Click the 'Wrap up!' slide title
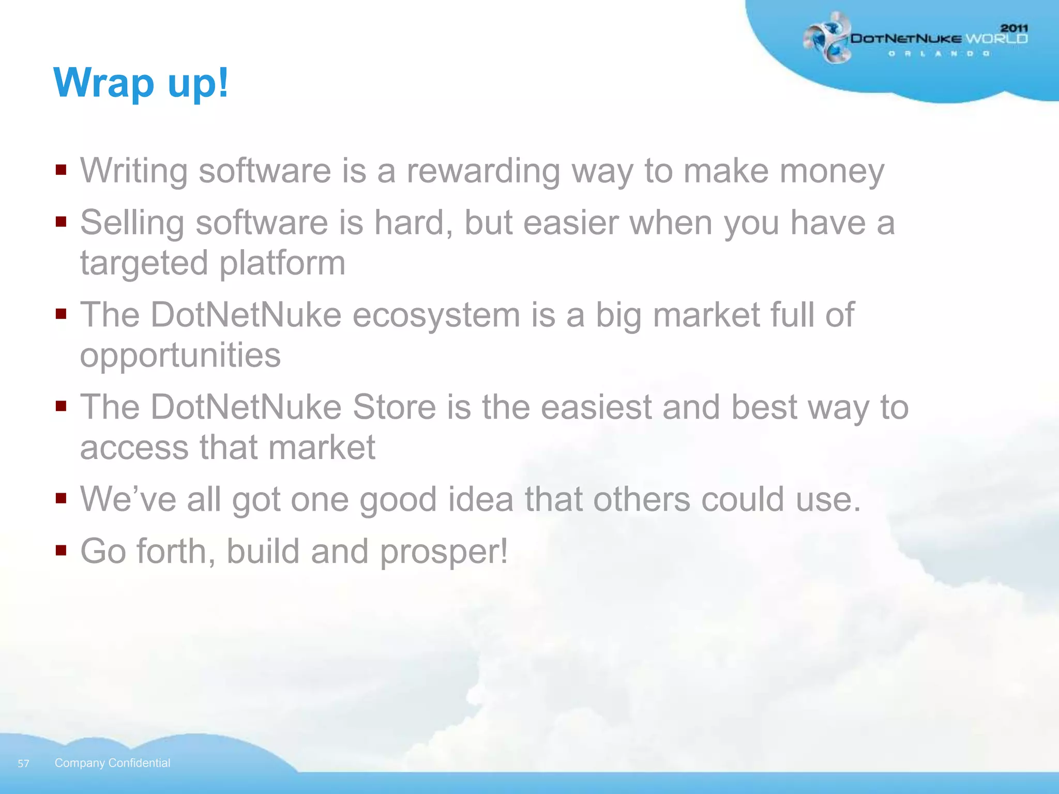pos(141,83)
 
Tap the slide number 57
pos(23,764)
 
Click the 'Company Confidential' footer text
pos(112,763)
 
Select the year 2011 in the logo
pos(1014,28)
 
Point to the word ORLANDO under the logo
pos(939,54)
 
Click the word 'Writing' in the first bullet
pos(133,171)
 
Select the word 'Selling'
pos(132,223)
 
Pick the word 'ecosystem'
pos(436,315)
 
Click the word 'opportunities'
pos(180,356)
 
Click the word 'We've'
pos(128,499)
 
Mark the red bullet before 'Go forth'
pos(62,549)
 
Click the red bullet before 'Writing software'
pos(62,170)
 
